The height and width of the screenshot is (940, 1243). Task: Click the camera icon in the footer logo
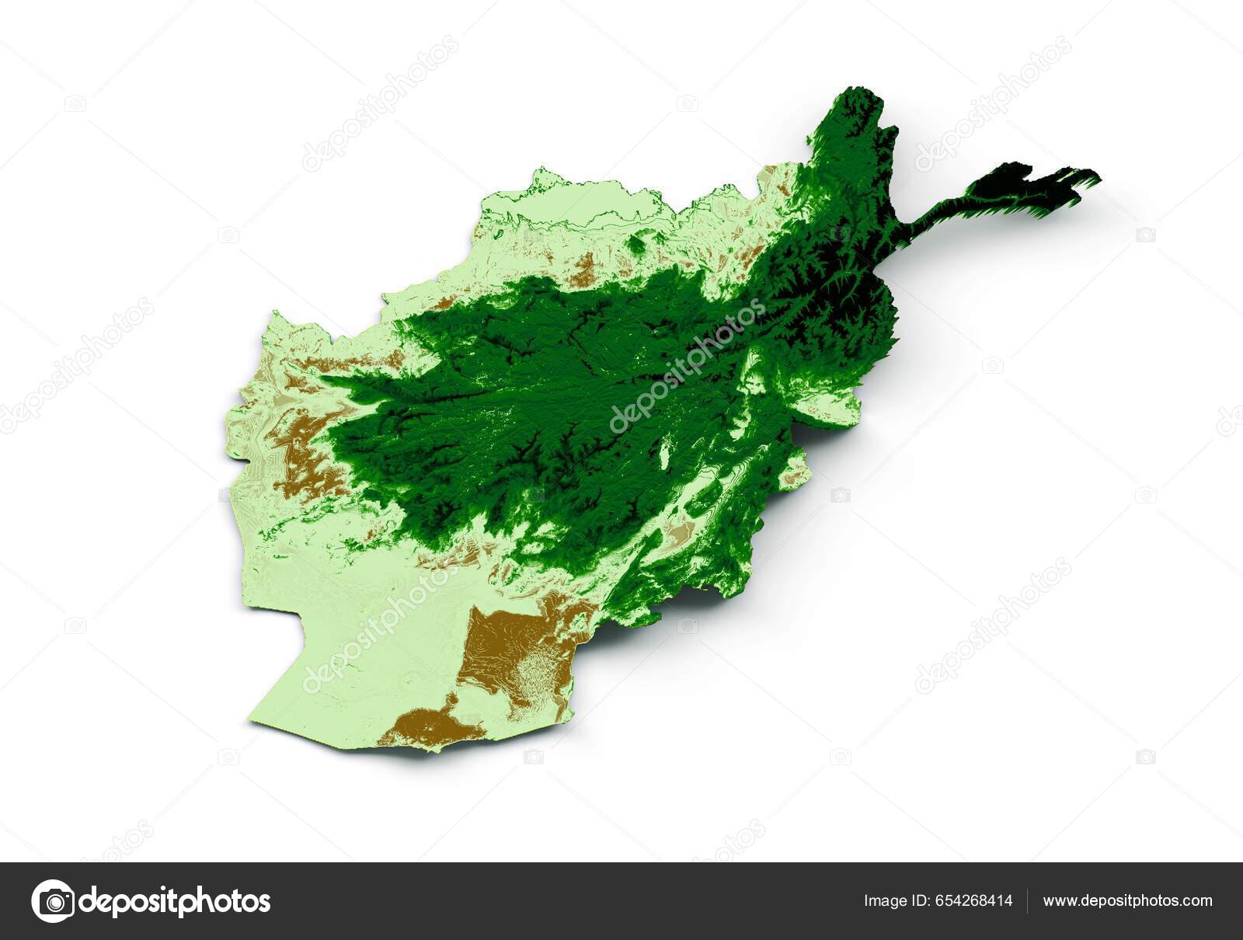point(53,901)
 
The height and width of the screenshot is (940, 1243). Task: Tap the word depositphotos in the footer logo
point(175,901)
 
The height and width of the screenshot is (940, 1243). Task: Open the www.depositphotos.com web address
point(1127,901)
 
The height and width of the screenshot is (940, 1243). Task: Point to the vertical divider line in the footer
point(1028,901)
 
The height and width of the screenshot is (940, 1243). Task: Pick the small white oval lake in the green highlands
point(666,453)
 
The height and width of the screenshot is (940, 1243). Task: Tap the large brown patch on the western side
point(307,451)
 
